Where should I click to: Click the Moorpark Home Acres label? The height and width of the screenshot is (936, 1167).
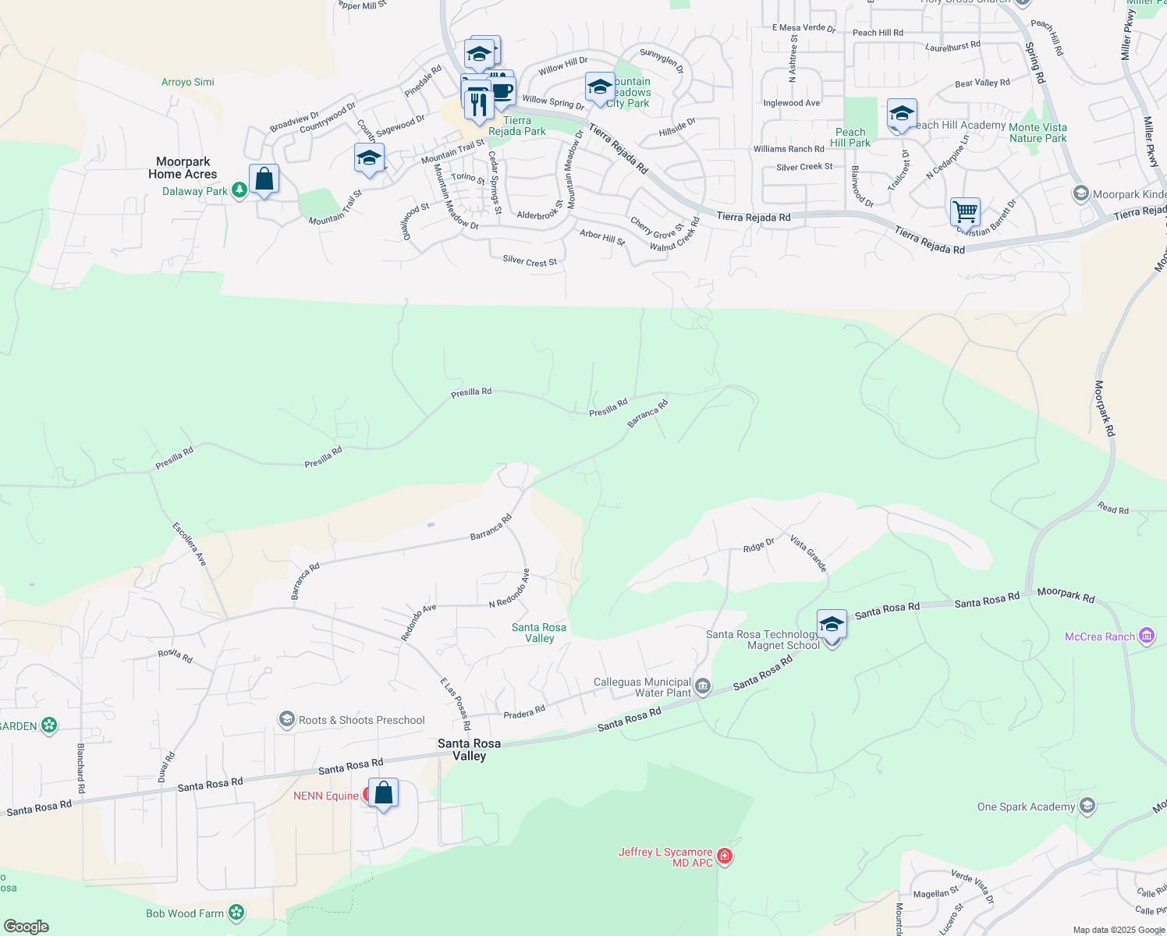pos(183,168)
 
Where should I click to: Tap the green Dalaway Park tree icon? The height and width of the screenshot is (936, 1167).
pos(239,190)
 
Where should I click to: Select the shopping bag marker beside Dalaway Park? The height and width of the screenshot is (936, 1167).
pos(264,180)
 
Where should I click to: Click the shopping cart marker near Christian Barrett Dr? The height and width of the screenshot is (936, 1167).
pos(965,212)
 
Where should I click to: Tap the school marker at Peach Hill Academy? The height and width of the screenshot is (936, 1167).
pos(901,115)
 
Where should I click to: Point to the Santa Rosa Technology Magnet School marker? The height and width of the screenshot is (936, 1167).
pos(832,626)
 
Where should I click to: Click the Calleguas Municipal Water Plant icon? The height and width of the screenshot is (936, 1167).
pos(702,686)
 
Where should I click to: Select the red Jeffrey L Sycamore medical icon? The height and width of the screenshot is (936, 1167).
pos(725,857)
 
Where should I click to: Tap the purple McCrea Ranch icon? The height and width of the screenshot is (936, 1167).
pos(1146,636)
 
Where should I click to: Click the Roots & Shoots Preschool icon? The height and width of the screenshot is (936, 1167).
pos(287,719)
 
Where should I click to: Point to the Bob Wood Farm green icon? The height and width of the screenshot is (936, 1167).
pos(236,913)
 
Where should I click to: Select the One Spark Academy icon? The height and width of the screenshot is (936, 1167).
pos(1087,806)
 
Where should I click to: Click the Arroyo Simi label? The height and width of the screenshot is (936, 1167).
pos(187,82)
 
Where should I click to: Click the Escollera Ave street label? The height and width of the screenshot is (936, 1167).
pos(190,544)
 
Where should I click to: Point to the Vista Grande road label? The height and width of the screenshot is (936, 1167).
pos(808,553)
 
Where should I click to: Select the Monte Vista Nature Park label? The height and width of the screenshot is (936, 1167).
pos(1038,133)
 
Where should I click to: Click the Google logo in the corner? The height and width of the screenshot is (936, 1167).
pos(27,927)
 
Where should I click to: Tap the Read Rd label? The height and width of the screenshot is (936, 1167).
pos(1113,509)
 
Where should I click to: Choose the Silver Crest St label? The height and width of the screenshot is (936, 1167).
pos(530,261)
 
